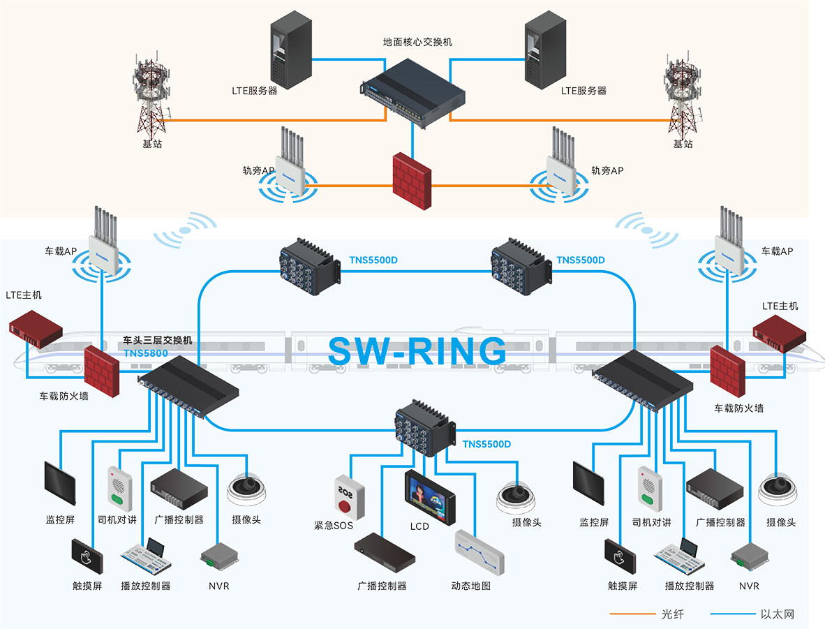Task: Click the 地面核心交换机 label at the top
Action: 417,42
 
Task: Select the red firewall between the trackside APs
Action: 411,179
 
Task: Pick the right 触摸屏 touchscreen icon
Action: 620,556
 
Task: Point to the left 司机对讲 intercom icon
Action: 118,487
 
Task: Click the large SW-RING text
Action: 417,351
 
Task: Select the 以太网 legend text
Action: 778,615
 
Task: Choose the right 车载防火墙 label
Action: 738,408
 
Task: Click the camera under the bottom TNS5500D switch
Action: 517,496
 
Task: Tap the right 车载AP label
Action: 777,251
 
